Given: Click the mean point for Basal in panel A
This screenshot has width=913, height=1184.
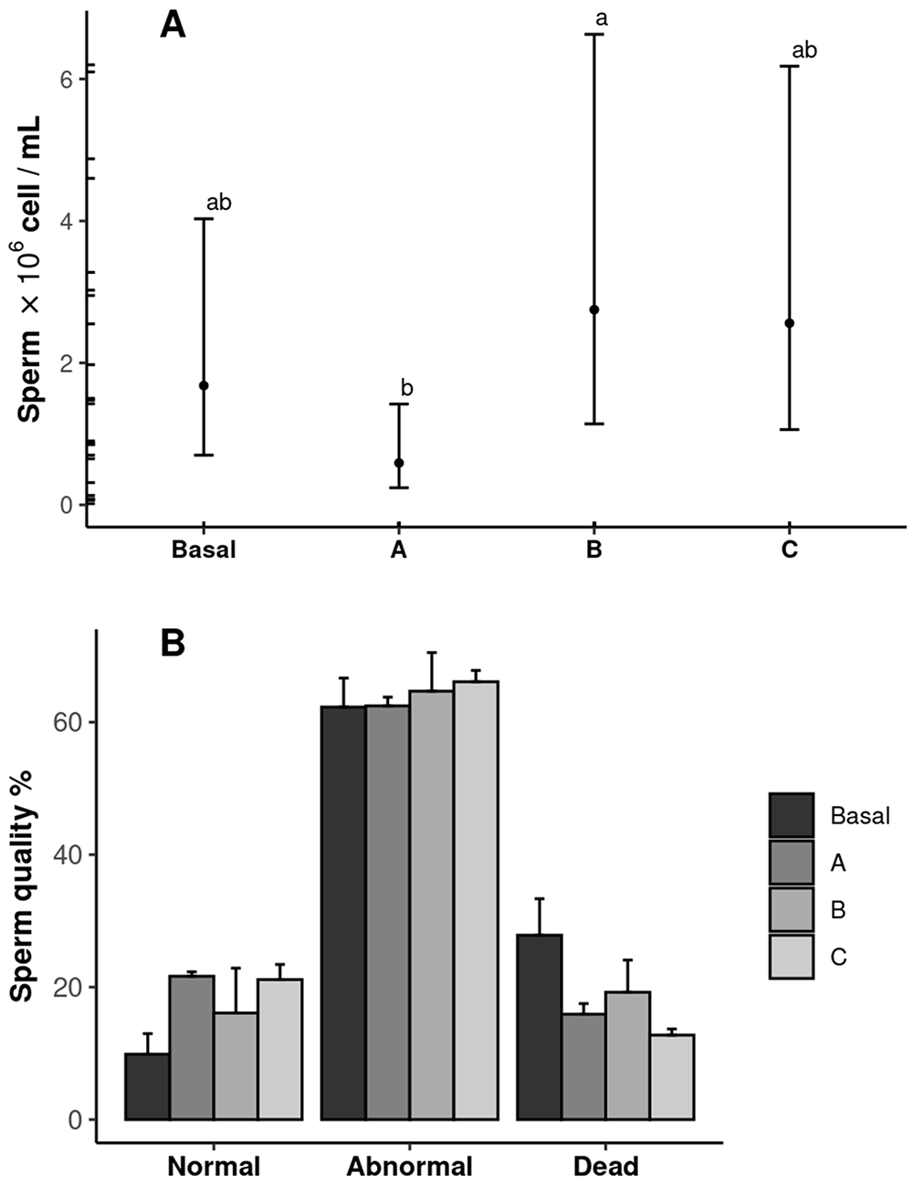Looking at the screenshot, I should pyautogui.click(x=204, y=385).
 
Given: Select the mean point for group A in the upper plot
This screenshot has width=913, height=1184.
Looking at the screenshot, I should pyautogui.click(x=399, y=463).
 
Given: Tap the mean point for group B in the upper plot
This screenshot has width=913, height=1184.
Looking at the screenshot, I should pyautogui.click(x=594, y=309).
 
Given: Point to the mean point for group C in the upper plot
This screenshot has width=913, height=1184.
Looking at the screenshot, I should pyautogui.click(x=790, y=323).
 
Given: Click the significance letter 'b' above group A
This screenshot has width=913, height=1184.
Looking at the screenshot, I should pyautogui.click(x=407, y=389).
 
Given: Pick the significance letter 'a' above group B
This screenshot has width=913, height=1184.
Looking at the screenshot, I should pyautogui.click(x=601, y=19).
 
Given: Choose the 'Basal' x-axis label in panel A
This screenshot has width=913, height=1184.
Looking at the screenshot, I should pyautogui.click(x=204, y=550).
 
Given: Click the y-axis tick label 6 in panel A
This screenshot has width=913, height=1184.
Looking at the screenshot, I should pyautogui.click(x=66, y=79).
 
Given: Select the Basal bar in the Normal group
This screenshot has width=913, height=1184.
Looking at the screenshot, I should pyautogui.click(x=147, y=1086).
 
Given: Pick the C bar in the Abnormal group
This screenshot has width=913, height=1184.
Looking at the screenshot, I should pyautogui.click(x=476, y=900).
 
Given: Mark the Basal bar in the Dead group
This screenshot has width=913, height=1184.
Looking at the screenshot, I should pyautogui.click(x=540, y=1027).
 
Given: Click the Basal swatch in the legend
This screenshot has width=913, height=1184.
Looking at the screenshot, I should pyautogui.click(x=791, y=815).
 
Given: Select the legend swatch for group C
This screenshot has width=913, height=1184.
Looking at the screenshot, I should pyautogui.click(x=791, y=957).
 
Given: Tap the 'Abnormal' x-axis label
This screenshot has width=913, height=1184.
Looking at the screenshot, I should pyautogui.click(x=409, y=1166).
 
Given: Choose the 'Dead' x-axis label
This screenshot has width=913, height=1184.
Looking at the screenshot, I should pyautogui.click(x=605, y=1166).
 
